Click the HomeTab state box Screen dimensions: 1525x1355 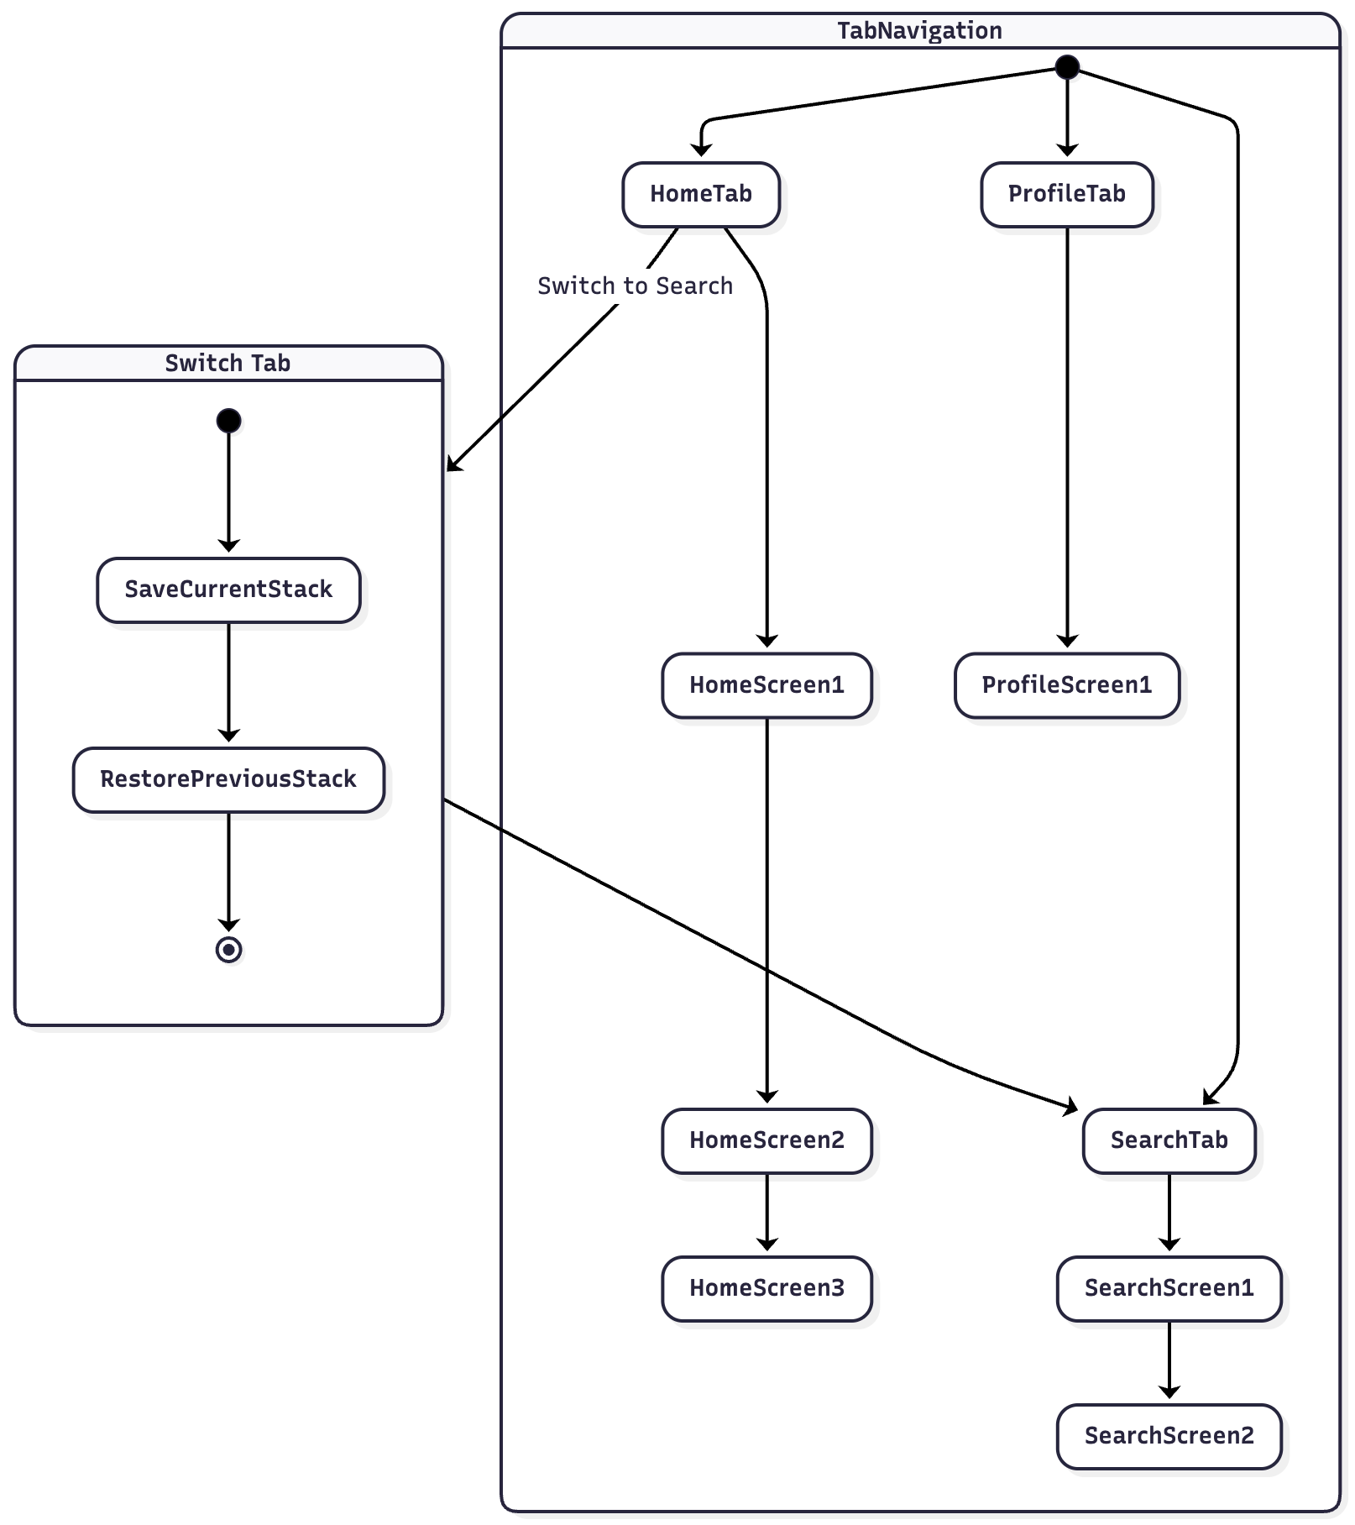pos(701,194)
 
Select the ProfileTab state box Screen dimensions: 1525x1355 pos(1066,194)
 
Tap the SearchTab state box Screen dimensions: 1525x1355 pos(1169,1140)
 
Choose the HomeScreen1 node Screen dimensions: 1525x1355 pos(766,685)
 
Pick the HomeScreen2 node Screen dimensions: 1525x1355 pos(766,1140)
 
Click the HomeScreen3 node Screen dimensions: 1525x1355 pos(766,1287)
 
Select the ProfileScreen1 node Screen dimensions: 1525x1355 pos(1066,685)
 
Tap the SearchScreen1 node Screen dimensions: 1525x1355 pos(1169,1287)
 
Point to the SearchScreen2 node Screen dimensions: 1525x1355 pos(1169,1435)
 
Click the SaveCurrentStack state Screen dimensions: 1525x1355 pos(228,590)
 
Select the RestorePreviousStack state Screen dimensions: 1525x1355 pos(228,779)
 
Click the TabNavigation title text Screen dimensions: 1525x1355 pos(919,31)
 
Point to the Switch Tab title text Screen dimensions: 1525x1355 pos(228,364)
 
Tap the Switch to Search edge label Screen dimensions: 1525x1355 pos(635,286)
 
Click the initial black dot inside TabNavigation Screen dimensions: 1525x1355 pos(1066,67)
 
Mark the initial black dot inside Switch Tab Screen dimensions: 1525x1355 pos(228,420)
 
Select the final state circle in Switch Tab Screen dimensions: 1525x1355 pos(228,949)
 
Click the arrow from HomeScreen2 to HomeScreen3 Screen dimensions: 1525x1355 pos(766,1213)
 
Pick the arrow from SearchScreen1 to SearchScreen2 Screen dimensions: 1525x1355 pos(1169,1361)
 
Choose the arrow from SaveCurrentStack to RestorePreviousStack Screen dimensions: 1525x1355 pos(228,684)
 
